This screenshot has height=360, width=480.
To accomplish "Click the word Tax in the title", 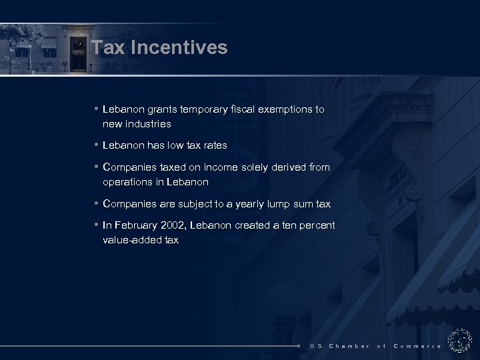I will [x=106, y=48].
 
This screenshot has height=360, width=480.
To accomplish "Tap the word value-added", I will [x=131, y=240].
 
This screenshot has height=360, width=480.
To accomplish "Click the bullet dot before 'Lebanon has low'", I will [x=97, y=145].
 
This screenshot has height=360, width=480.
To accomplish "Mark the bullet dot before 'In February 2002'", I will [x=97, y=225].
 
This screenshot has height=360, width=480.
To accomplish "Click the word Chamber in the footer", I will [x=349, y=346].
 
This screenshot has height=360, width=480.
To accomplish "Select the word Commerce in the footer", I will [x=417, y=346].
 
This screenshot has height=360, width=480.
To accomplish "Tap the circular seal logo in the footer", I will [x=459, y=341].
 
